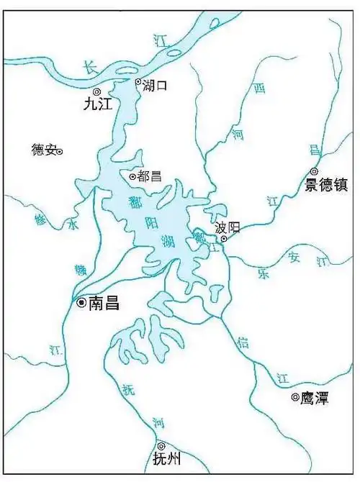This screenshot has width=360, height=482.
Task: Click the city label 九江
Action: [99, 104]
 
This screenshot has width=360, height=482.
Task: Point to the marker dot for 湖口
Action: [138, 82]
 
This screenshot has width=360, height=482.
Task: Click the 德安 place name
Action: [43, 150]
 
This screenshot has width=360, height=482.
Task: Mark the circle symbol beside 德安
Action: [60, 151]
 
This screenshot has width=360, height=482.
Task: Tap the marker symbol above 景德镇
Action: [314, 171]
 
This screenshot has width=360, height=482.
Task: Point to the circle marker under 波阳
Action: [224, 239]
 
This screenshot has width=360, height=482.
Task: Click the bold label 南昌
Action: [104, 304]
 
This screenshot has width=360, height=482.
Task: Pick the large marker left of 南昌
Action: [81, 303]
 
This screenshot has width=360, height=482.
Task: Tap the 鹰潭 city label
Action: [315, 397]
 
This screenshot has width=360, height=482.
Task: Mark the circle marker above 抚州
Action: [161, 446]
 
